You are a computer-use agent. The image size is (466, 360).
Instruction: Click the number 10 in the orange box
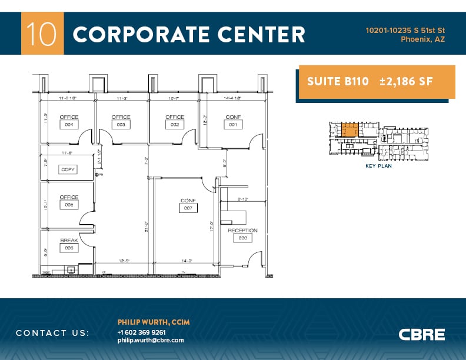tap(42, 34)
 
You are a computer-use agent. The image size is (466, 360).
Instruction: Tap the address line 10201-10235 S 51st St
tap(405, 30)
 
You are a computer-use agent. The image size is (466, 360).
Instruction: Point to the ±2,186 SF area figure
tap(406, 82)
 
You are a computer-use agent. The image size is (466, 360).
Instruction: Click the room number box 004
tap(69, 125)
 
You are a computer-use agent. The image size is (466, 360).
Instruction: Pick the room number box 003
tap(121, 125)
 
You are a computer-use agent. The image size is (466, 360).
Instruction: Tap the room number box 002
tap(174, 125)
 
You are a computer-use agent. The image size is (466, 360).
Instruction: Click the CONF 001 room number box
tap(233, 125)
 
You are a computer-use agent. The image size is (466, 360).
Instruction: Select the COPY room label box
tap(68, 169)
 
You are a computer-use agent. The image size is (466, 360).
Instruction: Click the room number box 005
tap(69, 205)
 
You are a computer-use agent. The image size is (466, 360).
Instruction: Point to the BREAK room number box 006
tap(69, 248)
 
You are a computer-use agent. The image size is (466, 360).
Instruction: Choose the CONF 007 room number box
tap(188, 208)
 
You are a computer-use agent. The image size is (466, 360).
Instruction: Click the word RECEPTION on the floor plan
tap(243, 231)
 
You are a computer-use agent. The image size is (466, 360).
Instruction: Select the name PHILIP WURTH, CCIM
tap(154, 322)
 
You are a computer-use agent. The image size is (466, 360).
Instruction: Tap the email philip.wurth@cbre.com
tap(151, 340)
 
